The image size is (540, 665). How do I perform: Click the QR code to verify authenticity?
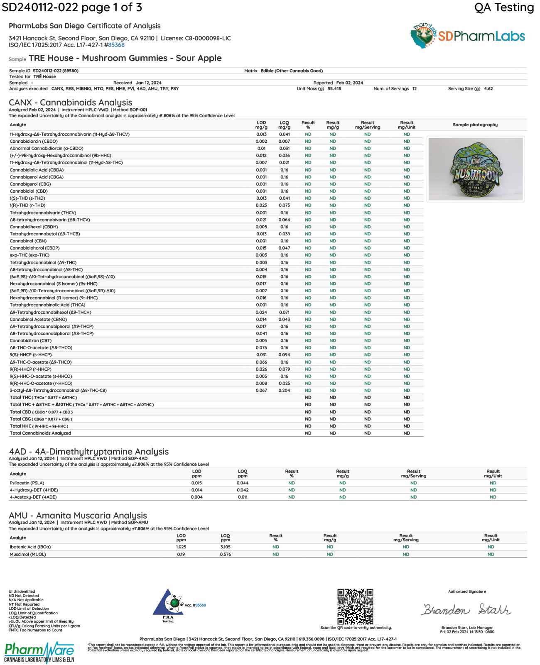click(355, 606)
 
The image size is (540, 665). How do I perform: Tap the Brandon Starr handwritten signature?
click(466, 610)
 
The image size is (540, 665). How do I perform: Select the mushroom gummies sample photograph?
click(475, 169)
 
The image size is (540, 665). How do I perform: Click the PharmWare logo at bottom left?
click(39, 652)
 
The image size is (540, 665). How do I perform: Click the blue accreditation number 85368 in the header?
click(116, 45)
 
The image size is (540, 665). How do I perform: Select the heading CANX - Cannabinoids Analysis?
click(71, 103)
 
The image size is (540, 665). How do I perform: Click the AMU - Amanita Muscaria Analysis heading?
click(78, 516)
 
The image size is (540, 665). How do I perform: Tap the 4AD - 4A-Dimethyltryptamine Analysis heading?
click(89, 452)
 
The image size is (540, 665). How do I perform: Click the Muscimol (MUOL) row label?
click(28, 554)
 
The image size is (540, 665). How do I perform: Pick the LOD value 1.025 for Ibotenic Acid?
click(181, 547)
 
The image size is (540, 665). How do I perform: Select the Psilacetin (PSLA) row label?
click(27, 483)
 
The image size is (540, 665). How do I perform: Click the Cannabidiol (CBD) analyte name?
click(29, 191)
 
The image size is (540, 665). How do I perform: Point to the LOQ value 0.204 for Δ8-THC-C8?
click(284, 391)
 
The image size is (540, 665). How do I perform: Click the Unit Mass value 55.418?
click(334, 89)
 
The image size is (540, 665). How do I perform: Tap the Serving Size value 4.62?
click(488, 89)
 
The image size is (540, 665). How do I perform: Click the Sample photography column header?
click(475, 125)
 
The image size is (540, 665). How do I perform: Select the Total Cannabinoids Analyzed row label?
click(40, 433)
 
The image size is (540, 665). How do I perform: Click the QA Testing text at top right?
click(504, 7)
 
